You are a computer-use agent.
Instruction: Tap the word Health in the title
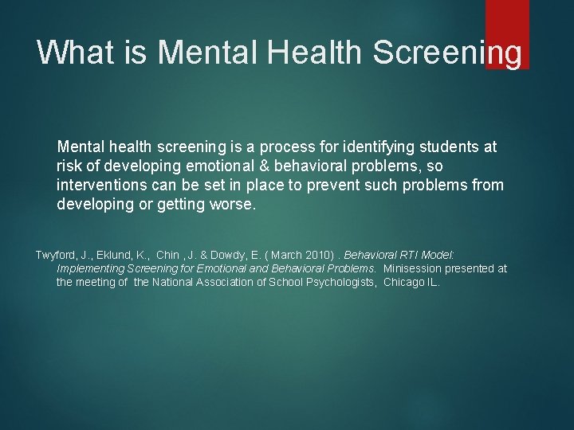point(314,53)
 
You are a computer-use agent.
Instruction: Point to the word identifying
point(384,147)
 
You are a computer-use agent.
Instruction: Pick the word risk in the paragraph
point(70,166)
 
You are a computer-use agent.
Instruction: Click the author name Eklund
point(125,255)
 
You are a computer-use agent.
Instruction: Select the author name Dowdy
point(231,255)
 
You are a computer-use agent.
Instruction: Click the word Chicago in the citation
point(403,282)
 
